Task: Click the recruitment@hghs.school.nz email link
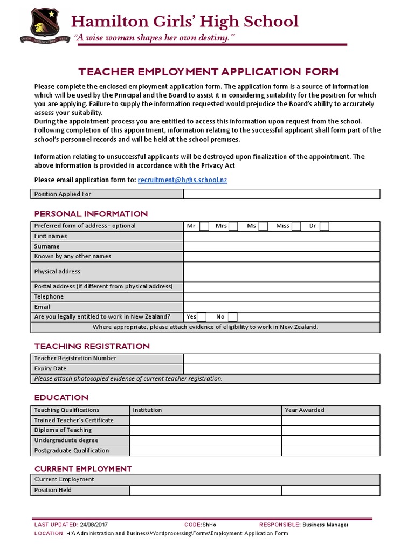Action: tap(182, 180)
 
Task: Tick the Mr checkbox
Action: tap(204, 226)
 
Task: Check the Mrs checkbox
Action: tap(233, 226)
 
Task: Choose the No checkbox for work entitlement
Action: tap(232, 317)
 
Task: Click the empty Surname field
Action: tap(281, 246)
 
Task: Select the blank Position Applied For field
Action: tap(281, 194)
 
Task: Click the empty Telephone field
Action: tap(281, 297)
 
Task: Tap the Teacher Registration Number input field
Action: tap(281, 358)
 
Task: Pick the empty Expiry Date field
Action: tap(281, 369)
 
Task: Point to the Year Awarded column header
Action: tap(305, 410)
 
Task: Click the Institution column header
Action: tap(147, 410)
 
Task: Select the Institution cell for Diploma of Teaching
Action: tap(205, 430)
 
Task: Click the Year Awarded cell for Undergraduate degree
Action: tap(330, 440)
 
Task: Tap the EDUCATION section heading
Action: tap(61, 398)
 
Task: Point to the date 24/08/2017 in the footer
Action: tap(93, 525)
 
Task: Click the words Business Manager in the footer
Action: tap(326, 525)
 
